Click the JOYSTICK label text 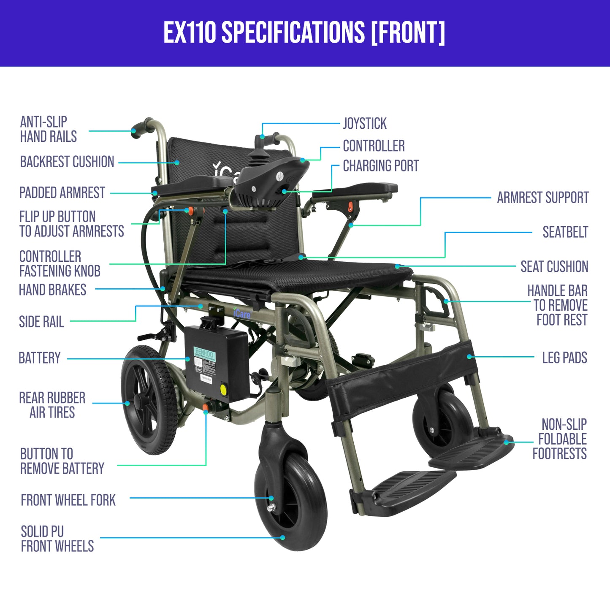[x=365, y=123]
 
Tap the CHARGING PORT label [x=381, y=165]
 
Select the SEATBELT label [x=565, y=232]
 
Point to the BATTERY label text [x=40, y=358]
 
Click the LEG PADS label [x=565, y=358]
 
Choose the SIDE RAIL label [x=41, y=322]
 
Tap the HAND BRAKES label [x=52, y=290]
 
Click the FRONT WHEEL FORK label [x=68, y=500]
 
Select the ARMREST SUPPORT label [x=543, y=198]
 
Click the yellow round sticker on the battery [x=224, y=389]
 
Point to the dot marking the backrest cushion [x=177, y=163]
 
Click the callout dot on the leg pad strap [x=469, y=356]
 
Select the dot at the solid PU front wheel [x=283, y=537]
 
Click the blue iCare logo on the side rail [x=242, y=313]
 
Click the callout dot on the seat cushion [x=397, y=266]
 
